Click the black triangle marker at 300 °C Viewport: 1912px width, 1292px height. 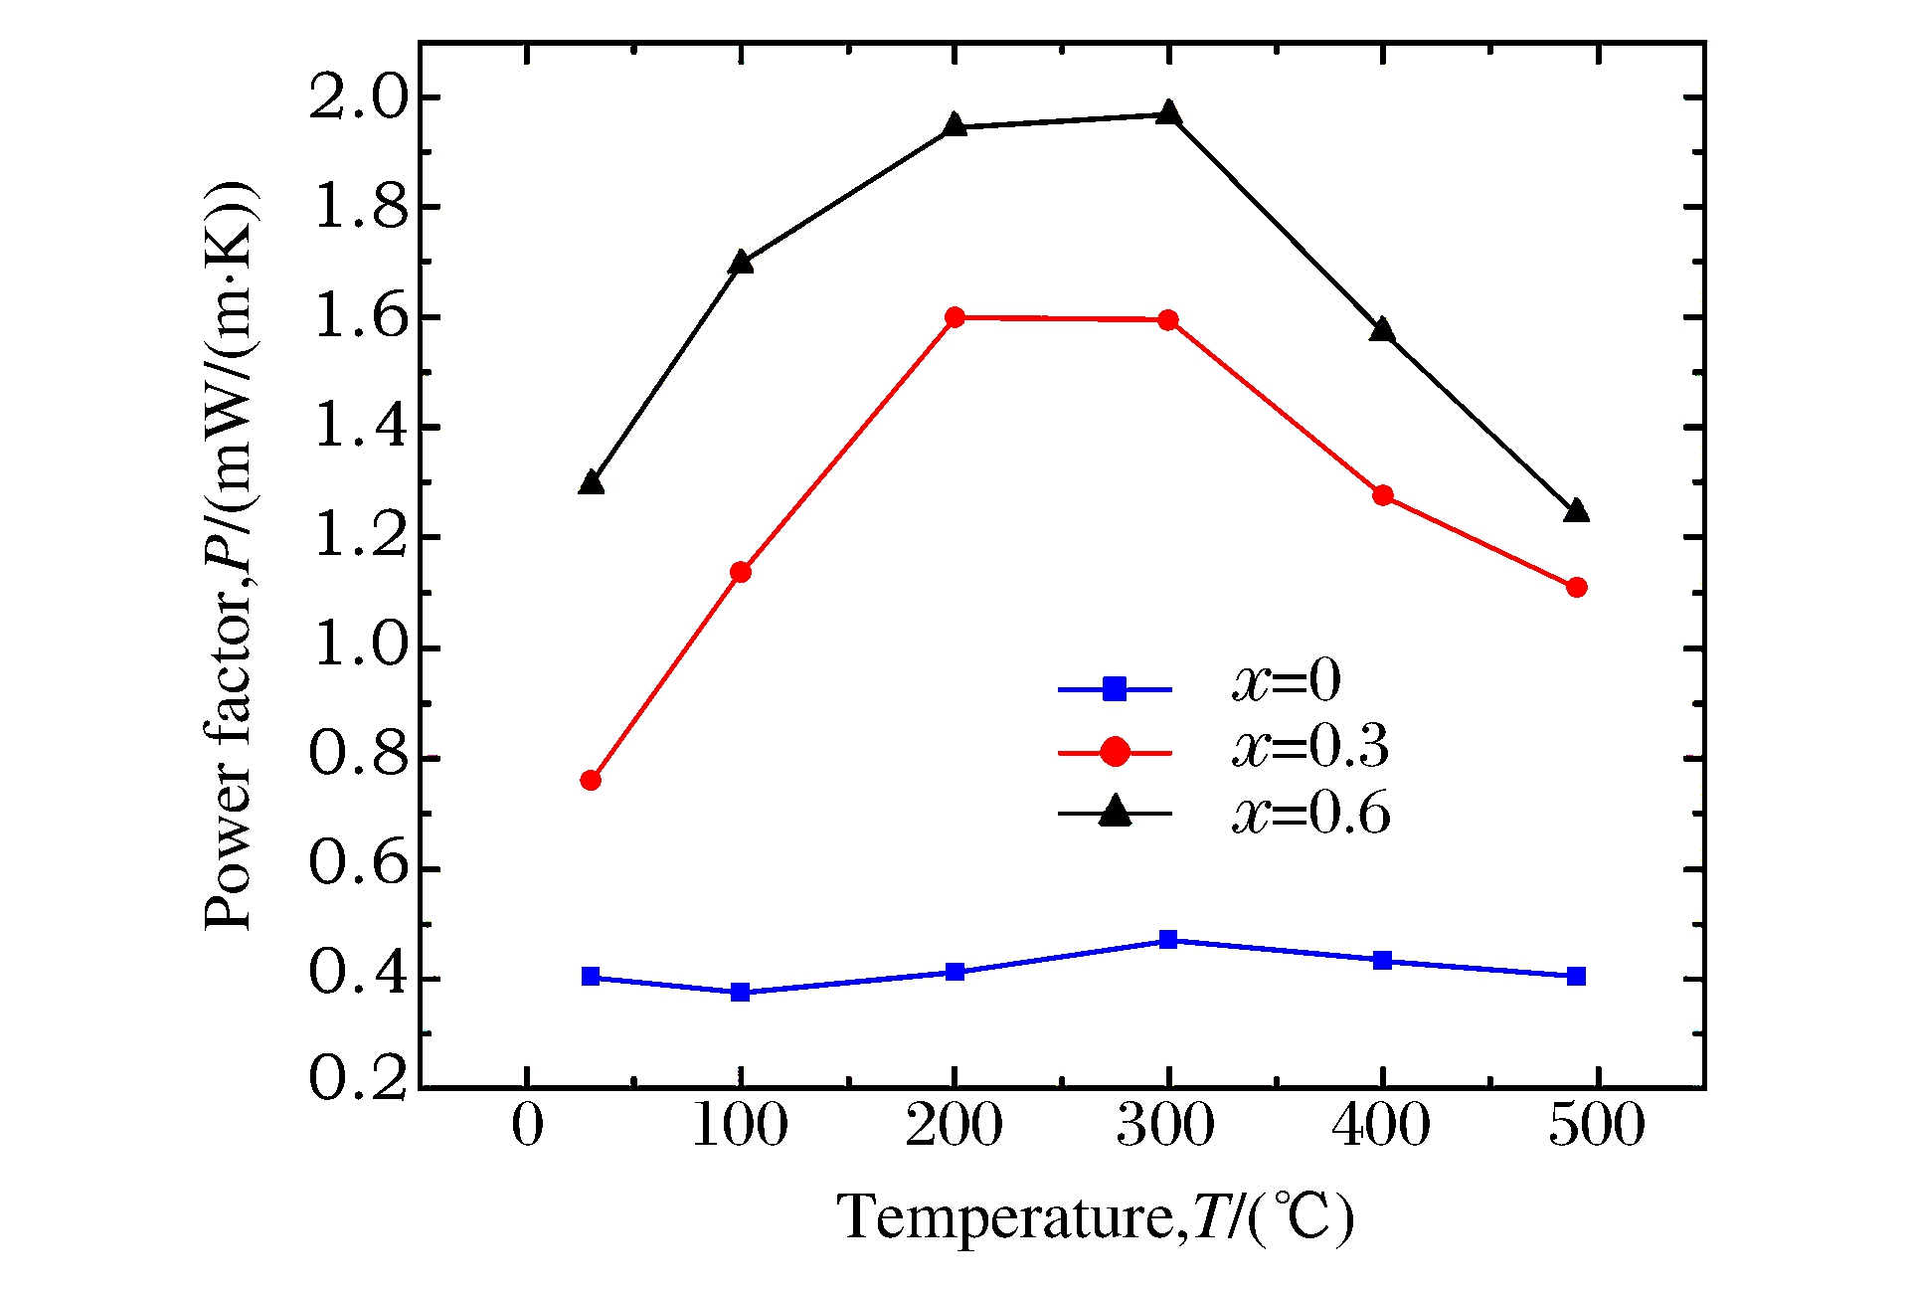coord(1168,113)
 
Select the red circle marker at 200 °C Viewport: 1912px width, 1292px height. coord(955,317)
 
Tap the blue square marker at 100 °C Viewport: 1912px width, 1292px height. coord(740,992)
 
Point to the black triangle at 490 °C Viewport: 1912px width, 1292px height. coord(1576,512)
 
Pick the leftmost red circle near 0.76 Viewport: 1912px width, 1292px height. coord(591,780)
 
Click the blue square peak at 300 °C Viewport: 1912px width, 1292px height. coord(1168,940)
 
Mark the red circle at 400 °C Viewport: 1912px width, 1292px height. coord(1382,495)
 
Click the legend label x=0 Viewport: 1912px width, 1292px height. coord(1287,682)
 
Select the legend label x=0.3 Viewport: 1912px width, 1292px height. coord(1310,747)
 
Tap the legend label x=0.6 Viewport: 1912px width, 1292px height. coord(1310,814)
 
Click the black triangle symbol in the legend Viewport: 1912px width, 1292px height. coord(1116,813)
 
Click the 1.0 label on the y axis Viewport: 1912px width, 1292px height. coord(359,648)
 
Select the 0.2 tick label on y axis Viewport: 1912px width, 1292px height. coord(359,1078)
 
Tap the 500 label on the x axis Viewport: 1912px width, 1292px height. coord(1596,1126)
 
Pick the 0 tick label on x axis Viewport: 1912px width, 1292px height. coord(527,1126)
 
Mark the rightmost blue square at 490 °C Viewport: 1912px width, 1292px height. coord(1576,976)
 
